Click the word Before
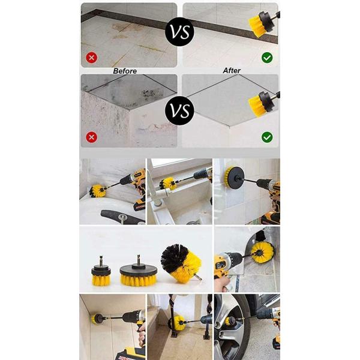coord(125,71)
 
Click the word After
coord(232,70)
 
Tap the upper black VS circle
coord(180,32)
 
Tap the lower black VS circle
coord(179,110)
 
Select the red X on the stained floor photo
coord(92,58)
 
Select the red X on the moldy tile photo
coord(92,137)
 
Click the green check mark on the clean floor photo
coord(267,58)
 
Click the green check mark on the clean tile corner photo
coord(267,137)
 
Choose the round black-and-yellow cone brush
coord(181,263)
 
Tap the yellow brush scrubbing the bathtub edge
coord(98,190)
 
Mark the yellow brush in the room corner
coord(96,319)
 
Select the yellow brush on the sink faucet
coord(168,183)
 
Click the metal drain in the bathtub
coord(123,217)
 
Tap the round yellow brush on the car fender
coord(262,253)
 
